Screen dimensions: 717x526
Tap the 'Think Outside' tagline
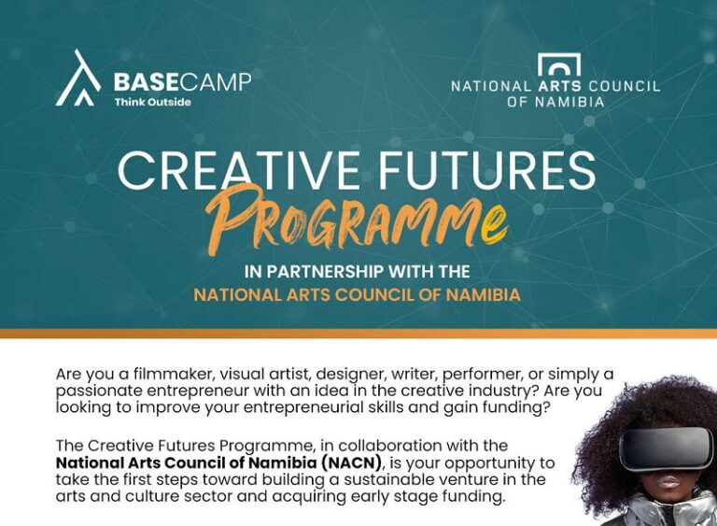point(153,102)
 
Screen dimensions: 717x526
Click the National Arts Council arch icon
point(559,64)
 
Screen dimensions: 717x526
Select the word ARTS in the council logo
point(560,86)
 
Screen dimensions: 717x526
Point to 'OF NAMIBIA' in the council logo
point(555,102)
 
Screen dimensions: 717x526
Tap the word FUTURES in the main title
point(487,170)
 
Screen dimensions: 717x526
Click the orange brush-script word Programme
point(357,220)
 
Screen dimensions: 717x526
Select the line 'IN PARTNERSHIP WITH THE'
point(358,272)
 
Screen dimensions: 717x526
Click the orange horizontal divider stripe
point(358,334)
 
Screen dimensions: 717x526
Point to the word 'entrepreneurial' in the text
point(302,407)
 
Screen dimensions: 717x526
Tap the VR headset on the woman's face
point(666,449)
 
